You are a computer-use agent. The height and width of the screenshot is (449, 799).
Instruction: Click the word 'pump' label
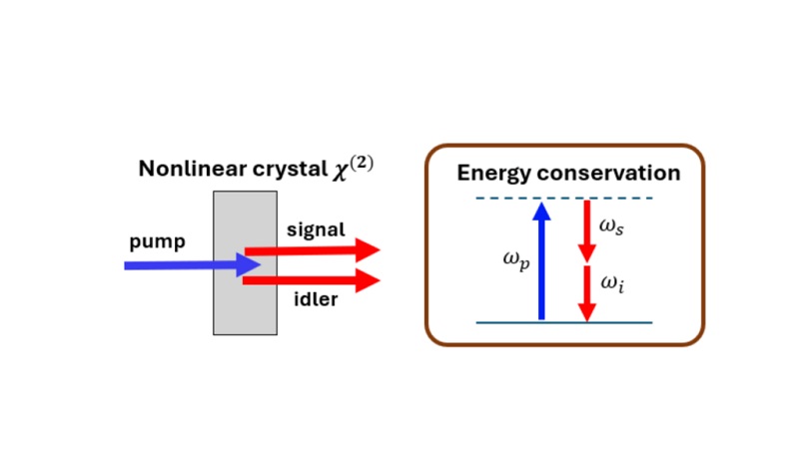pyautogui.click(x=157, y=242)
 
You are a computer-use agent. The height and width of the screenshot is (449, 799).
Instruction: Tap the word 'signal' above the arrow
pyautogui.click(x=316, y=229)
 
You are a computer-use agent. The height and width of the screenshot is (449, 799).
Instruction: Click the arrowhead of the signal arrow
pyautogui.click(x=369, y=250)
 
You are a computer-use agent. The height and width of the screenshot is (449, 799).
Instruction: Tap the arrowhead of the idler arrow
pyautogui.click(x=369, y=281)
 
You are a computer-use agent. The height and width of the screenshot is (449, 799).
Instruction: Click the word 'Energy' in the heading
pyautogui.click(x=495, y=173)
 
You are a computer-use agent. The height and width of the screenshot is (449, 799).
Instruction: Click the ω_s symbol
pyautogui.click(x=612, y=227)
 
